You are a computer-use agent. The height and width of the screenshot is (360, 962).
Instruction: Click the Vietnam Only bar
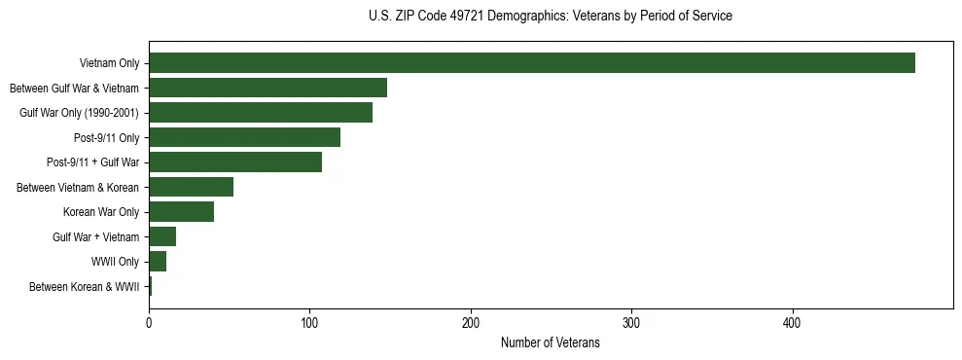coord(532,63)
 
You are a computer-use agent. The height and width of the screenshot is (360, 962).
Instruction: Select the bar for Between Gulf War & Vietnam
coord(267,88)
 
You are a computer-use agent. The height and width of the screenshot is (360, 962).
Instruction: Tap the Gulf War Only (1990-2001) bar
coord(261,113)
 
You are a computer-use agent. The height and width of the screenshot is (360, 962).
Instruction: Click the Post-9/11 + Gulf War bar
coord(235,162)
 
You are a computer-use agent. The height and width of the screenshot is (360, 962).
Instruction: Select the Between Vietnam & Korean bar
coord(191,187)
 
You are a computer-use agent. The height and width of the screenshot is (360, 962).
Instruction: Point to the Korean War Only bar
coord(181,212)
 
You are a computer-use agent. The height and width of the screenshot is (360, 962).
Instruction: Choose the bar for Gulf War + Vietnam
coord(162,236)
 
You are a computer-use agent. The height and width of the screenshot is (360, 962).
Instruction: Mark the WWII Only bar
coord(158,262)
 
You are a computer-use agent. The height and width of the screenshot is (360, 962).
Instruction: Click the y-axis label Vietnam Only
coord(109,64)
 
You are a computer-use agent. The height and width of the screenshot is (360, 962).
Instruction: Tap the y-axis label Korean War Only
coord(101,212)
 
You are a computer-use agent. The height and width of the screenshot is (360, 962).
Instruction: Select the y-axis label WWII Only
coord(115,262)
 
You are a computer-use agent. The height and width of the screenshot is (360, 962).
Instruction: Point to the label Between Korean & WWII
coord(84,287)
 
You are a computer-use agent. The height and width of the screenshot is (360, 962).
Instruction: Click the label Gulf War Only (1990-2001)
coord(79,113)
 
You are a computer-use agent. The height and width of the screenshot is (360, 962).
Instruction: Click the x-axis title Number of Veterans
coord(550,342)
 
